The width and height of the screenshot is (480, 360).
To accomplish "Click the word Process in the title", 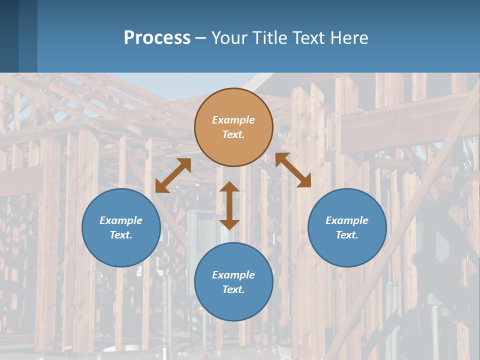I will [x=157, y=38].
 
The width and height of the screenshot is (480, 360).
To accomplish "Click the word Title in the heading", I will [x=269, y=38].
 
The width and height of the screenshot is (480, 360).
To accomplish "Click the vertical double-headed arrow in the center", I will [x=229, y=205].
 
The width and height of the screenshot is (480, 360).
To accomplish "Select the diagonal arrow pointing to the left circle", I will [x=173, y=175].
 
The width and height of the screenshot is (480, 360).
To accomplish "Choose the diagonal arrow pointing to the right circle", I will [x=293, y=170].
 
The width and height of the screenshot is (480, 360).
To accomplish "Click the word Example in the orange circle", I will [x=233, y=120].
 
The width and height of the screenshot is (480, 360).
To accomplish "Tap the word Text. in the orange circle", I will [x=233, y=134].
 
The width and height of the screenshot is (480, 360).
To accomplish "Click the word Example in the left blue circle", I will [x=121, y=220].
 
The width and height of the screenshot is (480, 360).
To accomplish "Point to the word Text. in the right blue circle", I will [x=347, y=235].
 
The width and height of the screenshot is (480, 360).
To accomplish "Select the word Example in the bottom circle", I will [x=233, y=275].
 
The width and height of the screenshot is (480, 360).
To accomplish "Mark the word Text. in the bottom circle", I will [x=233, y=289].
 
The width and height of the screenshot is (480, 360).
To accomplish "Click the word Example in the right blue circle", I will [x=347, y=220].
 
